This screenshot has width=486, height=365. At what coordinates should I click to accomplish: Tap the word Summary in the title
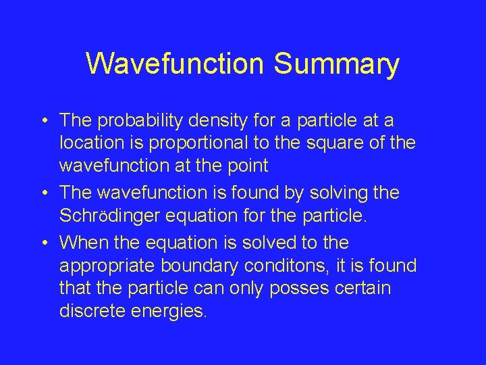pos(337,64)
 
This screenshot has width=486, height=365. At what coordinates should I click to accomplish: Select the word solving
pos(333,193)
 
